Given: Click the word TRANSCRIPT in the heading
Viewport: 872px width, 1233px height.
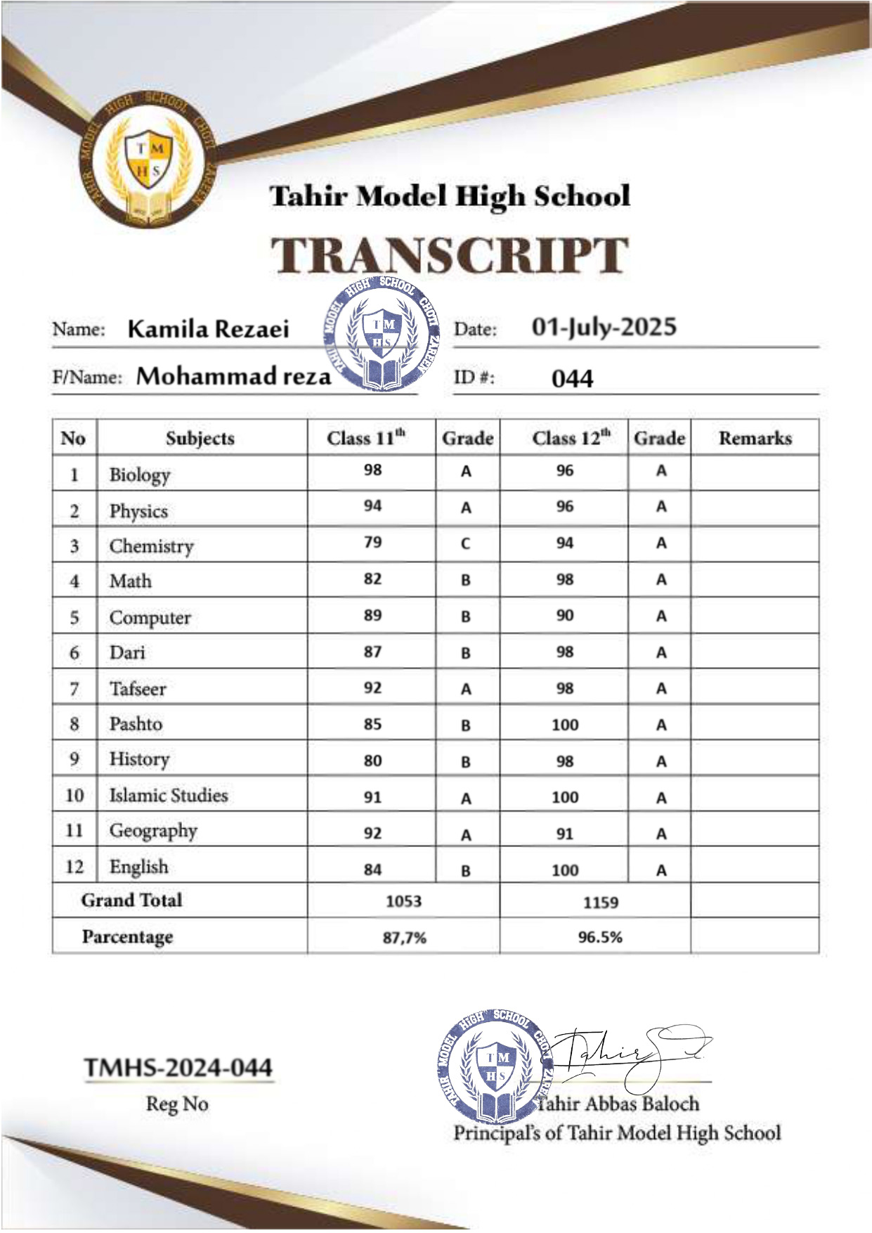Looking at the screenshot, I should click(x=450, y=255).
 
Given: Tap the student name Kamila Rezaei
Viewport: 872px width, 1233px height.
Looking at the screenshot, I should click(x=208, y=329).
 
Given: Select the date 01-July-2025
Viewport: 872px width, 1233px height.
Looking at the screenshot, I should click(x=604, y=327).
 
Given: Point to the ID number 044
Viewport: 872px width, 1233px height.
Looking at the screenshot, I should click(x=572, y=379).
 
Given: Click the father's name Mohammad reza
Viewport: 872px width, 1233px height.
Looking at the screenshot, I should click(x=233, y=376).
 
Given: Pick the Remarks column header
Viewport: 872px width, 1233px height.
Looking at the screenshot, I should click(x=755, y=438).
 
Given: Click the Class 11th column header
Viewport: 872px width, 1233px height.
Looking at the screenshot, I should click(x=366, y=438).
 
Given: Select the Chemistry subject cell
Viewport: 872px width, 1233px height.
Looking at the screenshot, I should click(x=151, y=546).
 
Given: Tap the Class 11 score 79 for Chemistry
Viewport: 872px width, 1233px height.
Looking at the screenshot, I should click(x=372, y=543).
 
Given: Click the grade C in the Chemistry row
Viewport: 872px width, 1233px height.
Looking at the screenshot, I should click(x=466, y=544).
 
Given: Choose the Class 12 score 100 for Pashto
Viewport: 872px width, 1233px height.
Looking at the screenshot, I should click(x=565, y=725).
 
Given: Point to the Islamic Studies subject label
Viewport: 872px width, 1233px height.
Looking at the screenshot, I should click(x=169, y=796).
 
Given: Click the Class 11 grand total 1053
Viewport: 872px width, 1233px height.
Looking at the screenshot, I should click(x=403, y=901).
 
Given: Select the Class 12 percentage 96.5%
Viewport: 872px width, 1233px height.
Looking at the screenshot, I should click(x=600, y=937).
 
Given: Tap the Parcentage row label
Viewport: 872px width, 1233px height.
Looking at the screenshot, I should click(x=127, y=937).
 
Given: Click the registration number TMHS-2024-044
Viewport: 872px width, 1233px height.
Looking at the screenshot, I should click(x=178, y=1068).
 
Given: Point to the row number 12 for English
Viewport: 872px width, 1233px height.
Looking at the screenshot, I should click(x=74, y=867).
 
